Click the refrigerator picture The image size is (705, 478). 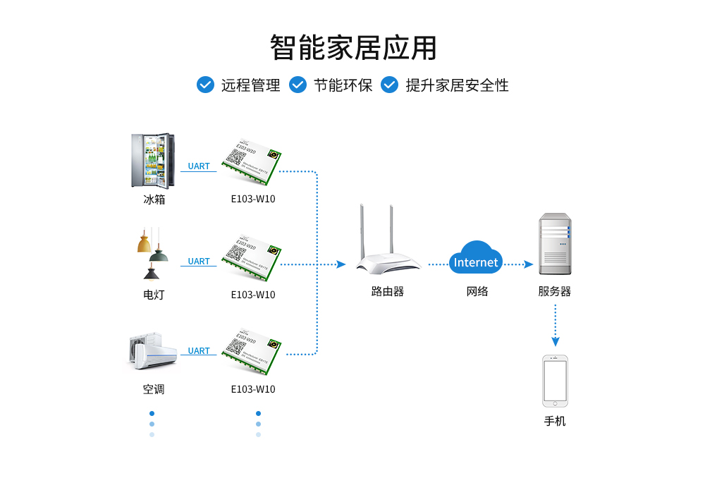[x=153, y=161]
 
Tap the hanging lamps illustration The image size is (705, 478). [x=152, y=254]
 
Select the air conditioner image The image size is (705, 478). [x=153, y=351]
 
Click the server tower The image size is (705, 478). [x=555, y=244]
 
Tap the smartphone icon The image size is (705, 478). [x=555, y=381]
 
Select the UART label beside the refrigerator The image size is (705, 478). [x=199, y=166]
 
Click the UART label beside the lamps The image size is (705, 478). [x=199, y=262]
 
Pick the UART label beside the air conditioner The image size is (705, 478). [x=199, y=351]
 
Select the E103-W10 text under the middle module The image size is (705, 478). [x=253, y=295]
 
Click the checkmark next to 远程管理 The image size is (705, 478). [x=205, y=85]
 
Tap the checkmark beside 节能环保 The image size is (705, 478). [x=298, y=85]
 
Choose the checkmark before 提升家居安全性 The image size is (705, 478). [x=390, y=85]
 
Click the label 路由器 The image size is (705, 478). [x=388, y=291]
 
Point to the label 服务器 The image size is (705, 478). [x=555, y=291]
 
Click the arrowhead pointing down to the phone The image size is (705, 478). [x=556, y=342]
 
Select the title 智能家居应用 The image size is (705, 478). [x=353, y=47]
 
